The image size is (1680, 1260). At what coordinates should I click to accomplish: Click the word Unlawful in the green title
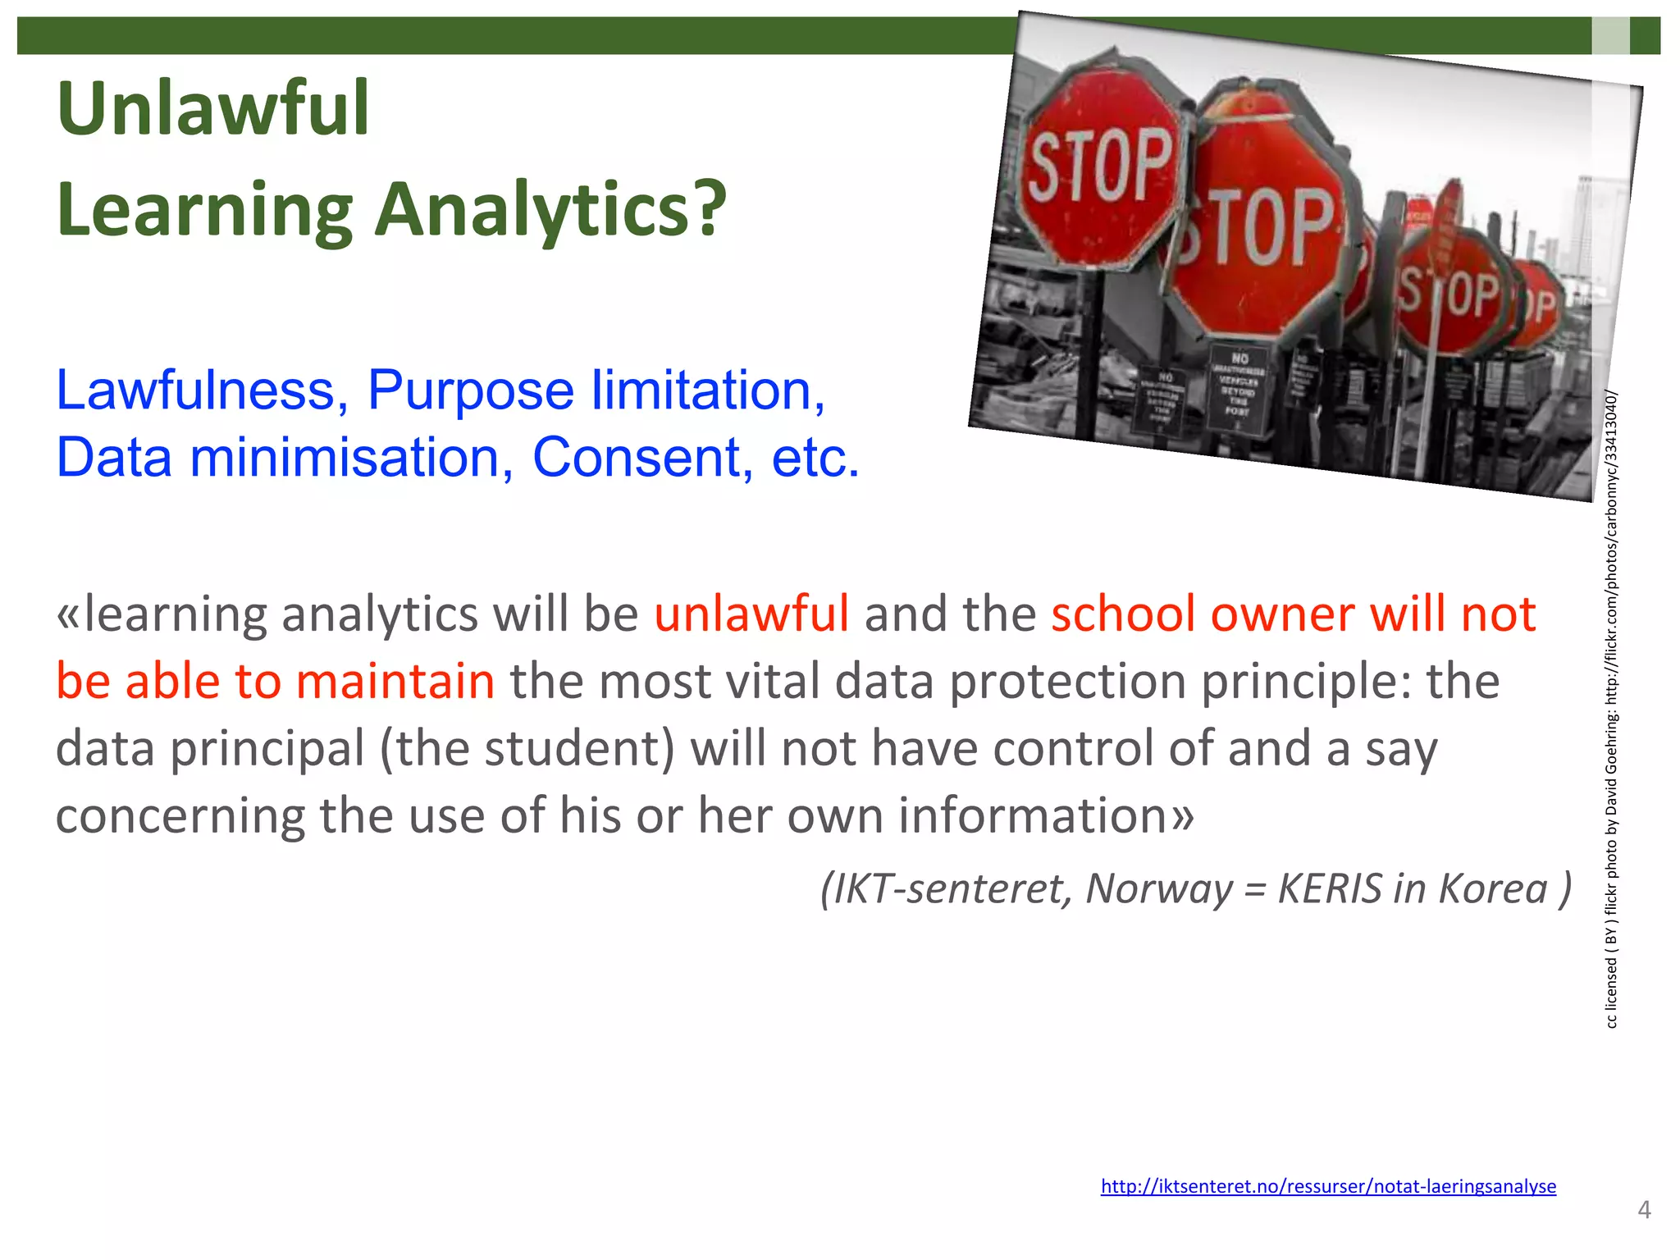tap(213, 108)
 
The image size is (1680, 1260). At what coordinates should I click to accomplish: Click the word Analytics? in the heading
tap(550, 210)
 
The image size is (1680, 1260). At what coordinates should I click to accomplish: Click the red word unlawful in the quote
tap(751, 614)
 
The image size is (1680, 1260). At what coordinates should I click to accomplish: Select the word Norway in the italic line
tap(1159, 888)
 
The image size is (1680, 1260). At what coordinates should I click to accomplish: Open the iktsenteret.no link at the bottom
tap(1327, 1185)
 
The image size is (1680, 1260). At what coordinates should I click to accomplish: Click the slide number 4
tap(1643, 1209)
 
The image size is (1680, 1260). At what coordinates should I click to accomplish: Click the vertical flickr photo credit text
tap(1611, 709)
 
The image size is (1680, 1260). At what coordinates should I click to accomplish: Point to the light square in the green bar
tap(1610, 35)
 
